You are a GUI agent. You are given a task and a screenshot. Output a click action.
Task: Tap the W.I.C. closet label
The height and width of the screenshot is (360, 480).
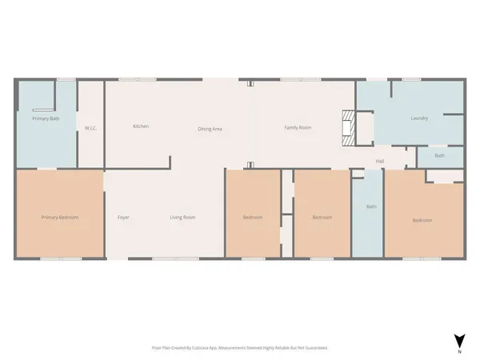91,128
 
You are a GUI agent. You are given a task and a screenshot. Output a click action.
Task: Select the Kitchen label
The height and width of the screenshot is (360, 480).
141,126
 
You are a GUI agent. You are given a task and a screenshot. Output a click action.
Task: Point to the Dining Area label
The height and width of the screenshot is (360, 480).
210,128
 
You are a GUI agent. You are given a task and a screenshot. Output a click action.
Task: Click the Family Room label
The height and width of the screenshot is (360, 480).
298,128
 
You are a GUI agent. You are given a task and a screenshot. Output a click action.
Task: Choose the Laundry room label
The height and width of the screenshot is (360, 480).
419,118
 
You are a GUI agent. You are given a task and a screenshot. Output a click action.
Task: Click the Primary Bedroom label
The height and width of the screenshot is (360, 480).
59,217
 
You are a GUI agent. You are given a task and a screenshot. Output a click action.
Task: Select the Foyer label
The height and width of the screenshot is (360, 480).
123,217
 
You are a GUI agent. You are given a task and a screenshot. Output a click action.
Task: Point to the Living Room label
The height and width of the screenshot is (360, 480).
182,217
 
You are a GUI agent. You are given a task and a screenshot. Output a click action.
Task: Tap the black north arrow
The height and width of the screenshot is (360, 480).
458,339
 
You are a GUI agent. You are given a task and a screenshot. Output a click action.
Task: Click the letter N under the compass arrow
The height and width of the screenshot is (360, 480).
458,352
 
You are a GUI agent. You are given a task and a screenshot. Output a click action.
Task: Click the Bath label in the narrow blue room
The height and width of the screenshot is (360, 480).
371,206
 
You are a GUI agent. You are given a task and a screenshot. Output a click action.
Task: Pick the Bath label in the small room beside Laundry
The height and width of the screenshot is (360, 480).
439,155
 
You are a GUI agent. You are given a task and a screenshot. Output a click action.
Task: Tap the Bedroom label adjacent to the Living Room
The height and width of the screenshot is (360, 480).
254,217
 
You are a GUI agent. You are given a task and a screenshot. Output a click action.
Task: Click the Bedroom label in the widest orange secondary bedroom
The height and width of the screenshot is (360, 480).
422,220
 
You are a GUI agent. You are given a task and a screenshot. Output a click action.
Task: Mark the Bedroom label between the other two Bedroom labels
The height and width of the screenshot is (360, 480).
322,217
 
